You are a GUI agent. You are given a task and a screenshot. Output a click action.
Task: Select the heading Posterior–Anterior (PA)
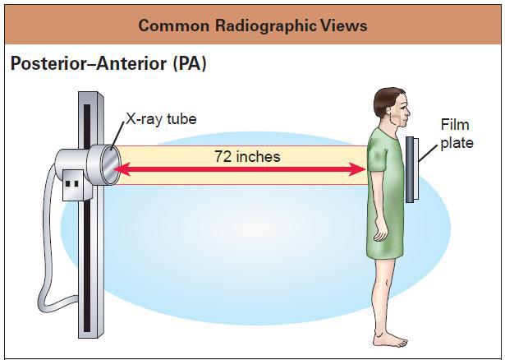point(108,64)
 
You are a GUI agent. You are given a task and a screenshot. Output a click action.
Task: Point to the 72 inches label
point(247,156)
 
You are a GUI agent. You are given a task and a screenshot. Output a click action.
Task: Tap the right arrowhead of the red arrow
point(359,168)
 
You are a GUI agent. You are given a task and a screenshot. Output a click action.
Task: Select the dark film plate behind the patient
point(410,168)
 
